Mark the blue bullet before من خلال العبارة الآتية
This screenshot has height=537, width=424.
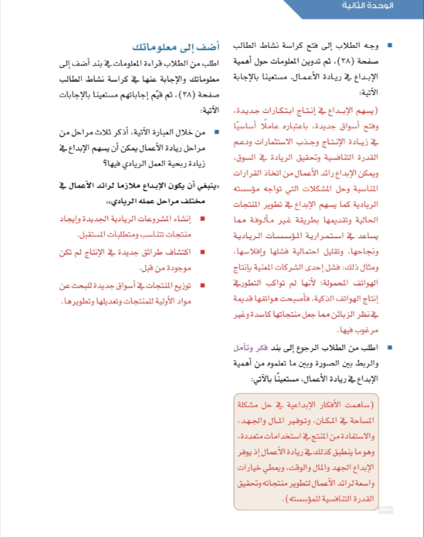click(x=216, y=131)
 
